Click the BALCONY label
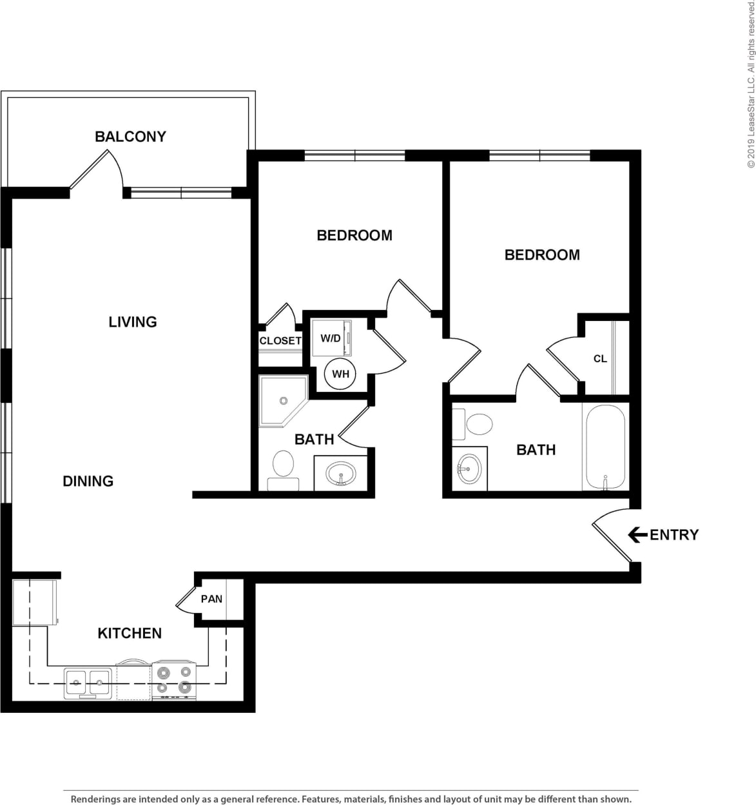pos(130,137)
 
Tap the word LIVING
pos(133,322)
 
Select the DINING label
pos(88,481)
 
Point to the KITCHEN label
pos(130,633)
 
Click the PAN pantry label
pos(211,599)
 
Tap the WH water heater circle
pos(340,374)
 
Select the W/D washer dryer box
pos(331,338)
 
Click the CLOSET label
pos(280,340)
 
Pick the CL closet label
pos(600,359)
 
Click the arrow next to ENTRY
pos(637,534)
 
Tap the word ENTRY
pos(674,534)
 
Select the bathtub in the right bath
pos(605,447)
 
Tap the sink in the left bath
pos(341,474)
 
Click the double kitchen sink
pos(88,682)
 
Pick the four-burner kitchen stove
pos(174,681)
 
